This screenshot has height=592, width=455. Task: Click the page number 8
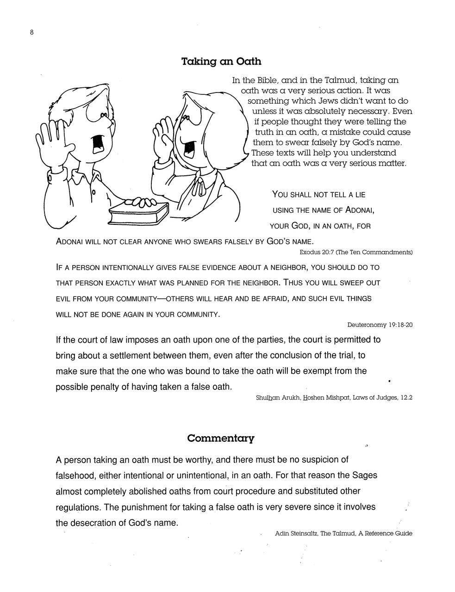coord(31,32)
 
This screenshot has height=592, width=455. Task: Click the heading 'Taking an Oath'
coord(221,62)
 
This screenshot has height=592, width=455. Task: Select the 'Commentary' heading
coord(221,438)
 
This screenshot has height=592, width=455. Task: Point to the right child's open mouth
coord(189,148)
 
